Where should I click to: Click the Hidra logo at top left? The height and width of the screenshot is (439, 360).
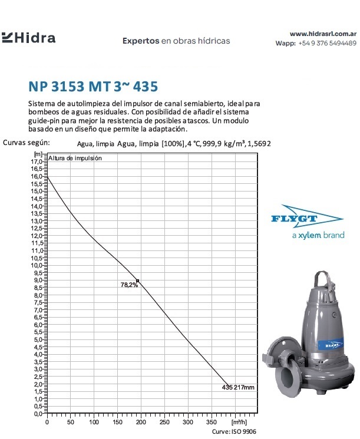tap(29, 38)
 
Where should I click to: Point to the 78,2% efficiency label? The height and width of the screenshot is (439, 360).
tap(129, 285)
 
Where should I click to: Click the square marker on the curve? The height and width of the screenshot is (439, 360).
tap(137, 280)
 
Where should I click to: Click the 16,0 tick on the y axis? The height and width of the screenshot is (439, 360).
tap(37, 176)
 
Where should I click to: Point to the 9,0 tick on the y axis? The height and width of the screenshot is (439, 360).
tap(37, 280)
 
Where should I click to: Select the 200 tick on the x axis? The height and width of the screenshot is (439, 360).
tap(117, 422)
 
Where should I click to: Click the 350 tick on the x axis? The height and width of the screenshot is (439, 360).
tap(211, 422)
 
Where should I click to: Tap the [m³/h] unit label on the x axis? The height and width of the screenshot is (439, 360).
tap(239, 422)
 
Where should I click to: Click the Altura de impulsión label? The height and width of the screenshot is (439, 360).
tap(75, 158)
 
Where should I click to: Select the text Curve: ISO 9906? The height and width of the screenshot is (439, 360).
tap(235, 431)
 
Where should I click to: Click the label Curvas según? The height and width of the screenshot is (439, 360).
tap(27, 142)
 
